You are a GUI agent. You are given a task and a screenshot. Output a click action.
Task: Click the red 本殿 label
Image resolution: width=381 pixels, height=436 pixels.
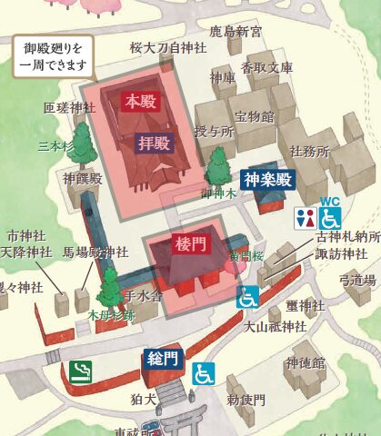(140, 101)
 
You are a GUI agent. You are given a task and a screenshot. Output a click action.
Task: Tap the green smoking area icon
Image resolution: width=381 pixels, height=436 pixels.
(81, 371)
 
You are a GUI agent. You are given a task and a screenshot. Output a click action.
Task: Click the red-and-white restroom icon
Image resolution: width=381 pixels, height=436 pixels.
(305, 218)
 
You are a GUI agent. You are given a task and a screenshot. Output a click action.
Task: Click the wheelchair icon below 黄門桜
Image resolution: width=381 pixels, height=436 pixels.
(247, 297)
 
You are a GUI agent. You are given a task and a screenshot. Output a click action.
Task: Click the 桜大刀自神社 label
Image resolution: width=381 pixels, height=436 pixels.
(168, 47)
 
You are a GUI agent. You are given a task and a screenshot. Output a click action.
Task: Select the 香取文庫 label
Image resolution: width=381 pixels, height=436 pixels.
(267, 67)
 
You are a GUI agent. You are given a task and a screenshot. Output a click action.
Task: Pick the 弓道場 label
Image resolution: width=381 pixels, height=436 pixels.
(357, 280)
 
